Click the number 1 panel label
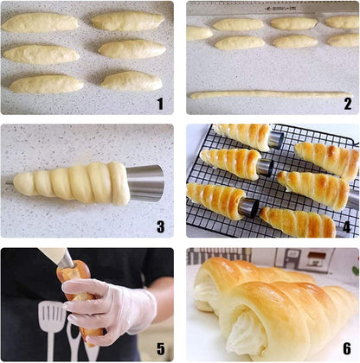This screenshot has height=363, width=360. tap(158, 104)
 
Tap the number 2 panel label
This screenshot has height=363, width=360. tap(347, 104)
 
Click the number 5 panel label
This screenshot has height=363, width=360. tap(159, 349)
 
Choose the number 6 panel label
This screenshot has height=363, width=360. tap(346, 349)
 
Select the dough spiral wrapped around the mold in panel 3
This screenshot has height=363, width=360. tap(74, 181)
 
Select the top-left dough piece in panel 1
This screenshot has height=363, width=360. tap(40, 23)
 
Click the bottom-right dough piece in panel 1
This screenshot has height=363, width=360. tap(131, 81)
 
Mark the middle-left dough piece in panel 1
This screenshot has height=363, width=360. tap(41, 54)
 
